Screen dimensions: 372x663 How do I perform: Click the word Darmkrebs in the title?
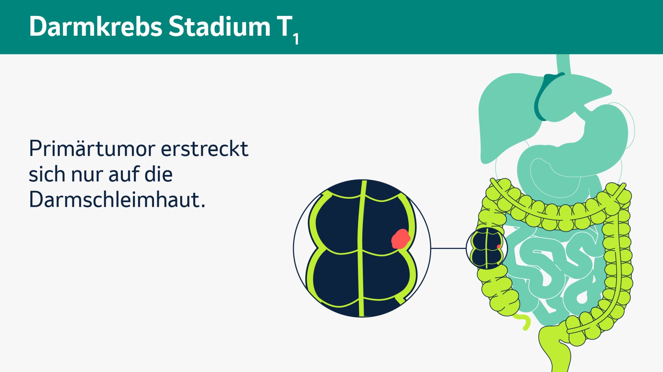tap(96, 27)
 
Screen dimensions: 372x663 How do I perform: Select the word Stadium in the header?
tap(219, 27)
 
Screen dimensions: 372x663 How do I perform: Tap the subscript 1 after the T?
tap(296, 39)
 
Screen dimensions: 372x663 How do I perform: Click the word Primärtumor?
tap(92, 149)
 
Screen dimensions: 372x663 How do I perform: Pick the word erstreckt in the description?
tap(204, 149)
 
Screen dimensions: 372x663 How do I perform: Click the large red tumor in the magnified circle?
tap(400, 239)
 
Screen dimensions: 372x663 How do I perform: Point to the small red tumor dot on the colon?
tap(499, 247)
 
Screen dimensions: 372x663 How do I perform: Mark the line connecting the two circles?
tap(448, 248)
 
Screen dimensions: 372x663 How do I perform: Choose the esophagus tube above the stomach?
tap(563, 63)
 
